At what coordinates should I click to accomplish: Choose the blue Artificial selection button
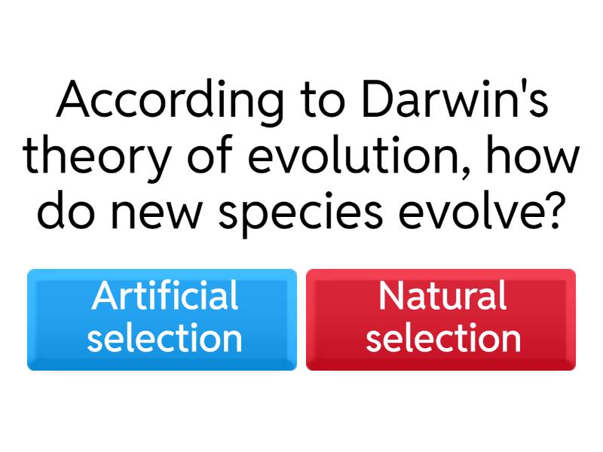pyautogui.click(x=162, y=319)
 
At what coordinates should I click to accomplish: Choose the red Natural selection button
pyautogui.click(x=441, y=319)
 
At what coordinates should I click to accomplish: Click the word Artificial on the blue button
pyautogui.click(x=164, y=296)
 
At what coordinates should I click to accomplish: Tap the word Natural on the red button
pyautogui.click(x=442, y=296)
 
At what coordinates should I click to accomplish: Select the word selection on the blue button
pyautogui.click(x=164, y=338)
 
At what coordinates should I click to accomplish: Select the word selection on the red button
pyautogui.click(x=443, y=338)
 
